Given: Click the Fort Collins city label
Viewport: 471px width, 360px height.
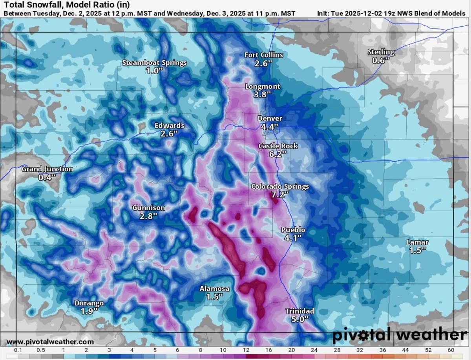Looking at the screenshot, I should click(263, 55).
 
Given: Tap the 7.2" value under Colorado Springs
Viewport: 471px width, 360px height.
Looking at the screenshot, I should click(280, 194).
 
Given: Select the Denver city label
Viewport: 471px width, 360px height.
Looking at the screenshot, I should click(270, 118).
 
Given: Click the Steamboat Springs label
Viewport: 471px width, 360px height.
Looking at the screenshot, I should click(154, 62).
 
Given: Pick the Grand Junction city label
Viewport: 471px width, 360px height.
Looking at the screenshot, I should click(47, 169).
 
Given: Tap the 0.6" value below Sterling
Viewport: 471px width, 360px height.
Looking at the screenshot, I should click(381, 60).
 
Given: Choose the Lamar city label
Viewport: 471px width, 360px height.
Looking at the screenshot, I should click(417, 242).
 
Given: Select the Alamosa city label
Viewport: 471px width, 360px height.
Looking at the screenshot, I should click(214, 289).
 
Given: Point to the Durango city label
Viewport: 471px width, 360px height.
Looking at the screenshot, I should click(89, 303).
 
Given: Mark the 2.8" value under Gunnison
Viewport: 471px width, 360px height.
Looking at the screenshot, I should click(149, 216).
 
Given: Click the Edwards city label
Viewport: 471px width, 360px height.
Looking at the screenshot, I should click(169, 125).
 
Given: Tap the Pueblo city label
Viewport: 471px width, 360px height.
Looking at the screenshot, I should click(293, 230).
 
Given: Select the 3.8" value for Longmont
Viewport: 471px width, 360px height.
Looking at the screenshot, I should click(263, 94).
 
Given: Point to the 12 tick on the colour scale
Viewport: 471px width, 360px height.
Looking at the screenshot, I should click(246, 350).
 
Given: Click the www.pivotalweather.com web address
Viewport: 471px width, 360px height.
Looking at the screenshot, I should click(50, 342).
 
